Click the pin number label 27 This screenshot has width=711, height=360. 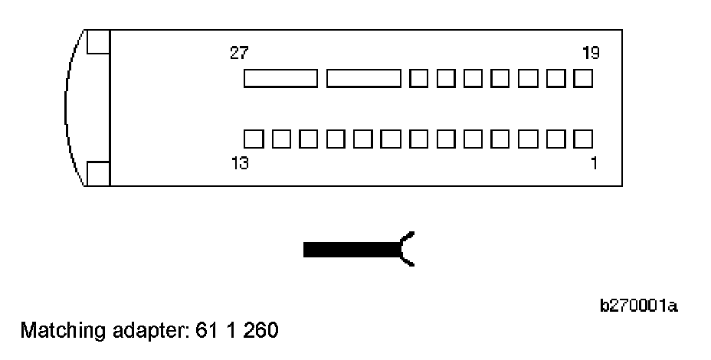pyautogui.click(x=238, y=53)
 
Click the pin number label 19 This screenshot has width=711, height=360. pyautogui.click(x=590, y=53)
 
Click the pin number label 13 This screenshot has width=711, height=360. pyautogui.click(x=240, y=163)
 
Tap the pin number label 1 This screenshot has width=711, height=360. pyautogui.click(x=595, y=163)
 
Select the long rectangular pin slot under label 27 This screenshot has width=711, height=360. pyautogui.click(x=280, y=78)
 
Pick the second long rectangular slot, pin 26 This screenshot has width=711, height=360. pyautogui.click(x=363, y=78)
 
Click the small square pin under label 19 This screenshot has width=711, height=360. pyautogui.click(x=583, y=78)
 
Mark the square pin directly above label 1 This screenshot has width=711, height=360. pyautogui.click(x=583, y=139)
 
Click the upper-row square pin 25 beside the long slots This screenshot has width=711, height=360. pyautogui.click(x=418, y=78)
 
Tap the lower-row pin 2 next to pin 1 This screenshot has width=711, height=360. pyautogui.click(x=555, y=139)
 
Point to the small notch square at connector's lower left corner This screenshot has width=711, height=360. pyautogui.click(x=97, y=174)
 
